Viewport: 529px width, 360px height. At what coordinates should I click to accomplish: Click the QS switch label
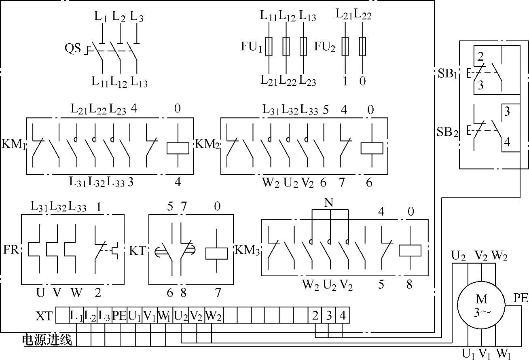click(x=73, y=49)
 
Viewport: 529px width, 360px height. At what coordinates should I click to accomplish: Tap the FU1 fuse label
click(x=252, y=47)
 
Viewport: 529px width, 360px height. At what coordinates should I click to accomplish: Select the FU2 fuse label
click(x=325, y=47)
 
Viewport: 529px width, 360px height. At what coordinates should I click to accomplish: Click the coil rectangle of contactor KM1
click(x=178, y=148)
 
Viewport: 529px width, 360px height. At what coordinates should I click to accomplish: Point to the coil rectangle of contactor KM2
click(x=372, y=148)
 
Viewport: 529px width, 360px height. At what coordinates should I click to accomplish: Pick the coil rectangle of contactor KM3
click(x=410, y=250)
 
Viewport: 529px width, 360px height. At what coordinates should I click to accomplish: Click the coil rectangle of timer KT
click(x=217, y=253)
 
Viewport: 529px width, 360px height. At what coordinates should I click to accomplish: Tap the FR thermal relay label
click(x=11, y=249)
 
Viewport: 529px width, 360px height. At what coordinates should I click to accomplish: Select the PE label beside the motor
click(x=521, y=299)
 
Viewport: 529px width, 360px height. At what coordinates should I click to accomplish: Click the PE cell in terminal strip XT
click(x=119, y=316)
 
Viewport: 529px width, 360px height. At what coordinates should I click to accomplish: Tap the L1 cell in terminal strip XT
click(x=76, y=316)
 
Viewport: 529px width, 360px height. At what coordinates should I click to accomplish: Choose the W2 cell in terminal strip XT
click(x=214, y=316)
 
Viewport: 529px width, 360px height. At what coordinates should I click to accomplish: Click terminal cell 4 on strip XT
click(x=343, y=316)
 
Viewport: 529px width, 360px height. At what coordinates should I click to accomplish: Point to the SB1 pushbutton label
click(x=447, y=74)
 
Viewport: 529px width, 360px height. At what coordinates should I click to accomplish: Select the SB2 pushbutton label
click(x=447, y=131)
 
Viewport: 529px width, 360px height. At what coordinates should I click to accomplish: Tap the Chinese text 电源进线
click(x=47, y=340)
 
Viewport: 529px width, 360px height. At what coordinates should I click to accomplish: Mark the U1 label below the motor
click(x=469, y=354)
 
